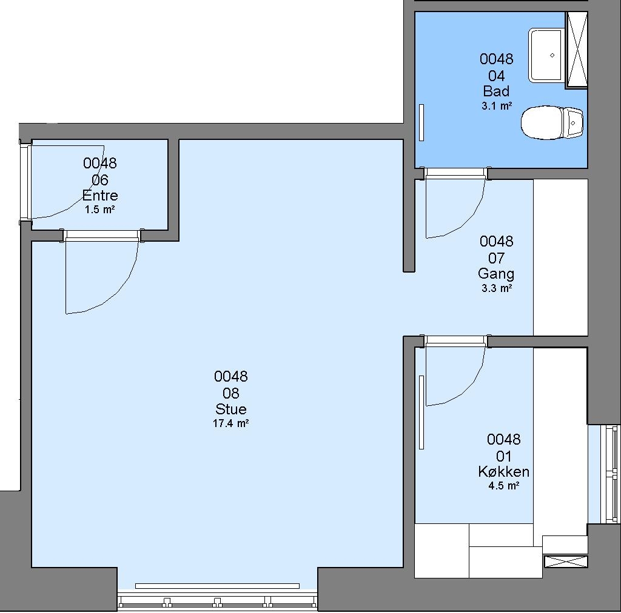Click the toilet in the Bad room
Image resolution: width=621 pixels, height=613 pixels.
point(552,122)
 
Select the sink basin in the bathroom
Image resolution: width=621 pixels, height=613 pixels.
point(546,55)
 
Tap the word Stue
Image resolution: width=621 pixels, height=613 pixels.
point(231,409)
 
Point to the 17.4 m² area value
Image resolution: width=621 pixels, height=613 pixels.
point(231,423)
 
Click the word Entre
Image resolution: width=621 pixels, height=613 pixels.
point(100,196)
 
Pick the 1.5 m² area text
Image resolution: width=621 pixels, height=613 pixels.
point(100,210)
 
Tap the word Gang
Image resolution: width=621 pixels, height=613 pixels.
point(496,274)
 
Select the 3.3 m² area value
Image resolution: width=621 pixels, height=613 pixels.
point(497,288)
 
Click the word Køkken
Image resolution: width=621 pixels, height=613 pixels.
point(504,471)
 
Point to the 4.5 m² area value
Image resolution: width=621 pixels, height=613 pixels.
point(504,486)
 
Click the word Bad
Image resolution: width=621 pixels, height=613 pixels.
point(496,91)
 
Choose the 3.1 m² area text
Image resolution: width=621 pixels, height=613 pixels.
point(497,106)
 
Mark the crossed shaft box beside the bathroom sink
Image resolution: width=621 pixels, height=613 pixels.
point(576,50)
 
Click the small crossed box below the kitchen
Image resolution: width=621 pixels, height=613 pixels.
point(566,562)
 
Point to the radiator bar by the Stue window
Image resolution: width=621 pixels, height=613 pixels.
point(218,586)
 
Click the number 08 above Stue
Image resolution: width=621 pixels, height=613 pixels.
point(231,393)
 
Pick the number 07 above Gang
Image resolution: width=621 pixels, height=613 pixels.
point(496,258)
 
